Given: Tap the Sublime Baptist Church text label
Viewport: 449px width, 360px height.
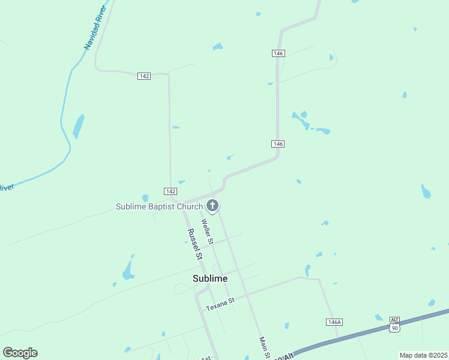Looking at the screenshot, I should (159, 207).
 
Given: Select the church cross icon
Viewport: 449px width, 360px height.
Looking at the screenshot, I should (212, 206).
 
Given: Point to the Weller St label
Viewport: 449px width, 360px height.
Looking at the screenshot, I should (208, 232).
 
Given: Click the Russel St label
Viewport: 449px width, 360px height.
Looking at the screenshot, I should (194, 244).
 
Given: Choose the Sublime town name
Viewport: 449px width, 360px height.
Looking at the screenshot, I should (210, 278).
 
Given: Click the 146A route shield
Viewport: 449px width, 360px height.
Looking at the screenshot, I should (334, 322).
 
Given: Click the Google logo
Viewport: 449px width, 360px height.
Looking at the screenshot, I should (20, 353).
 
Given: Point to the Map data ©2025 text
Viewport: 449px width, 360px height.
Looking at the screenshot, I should (423, 355).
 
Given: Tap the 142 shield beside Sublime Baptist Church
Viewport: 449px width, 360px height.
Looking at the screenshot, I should (170, 191).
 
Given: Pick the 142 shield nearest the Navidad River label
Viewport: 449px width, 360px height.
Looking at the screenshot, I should (143, 76).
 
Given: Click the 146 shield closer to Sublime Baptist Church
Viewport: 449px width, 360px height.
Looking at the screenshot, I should (277, 144).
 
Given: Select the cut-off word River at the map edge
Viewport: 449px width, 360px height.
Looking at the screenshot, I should (6, 188).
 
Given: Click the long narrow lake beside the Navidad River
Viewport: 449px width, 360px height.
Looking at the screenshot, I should (78, 126).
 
